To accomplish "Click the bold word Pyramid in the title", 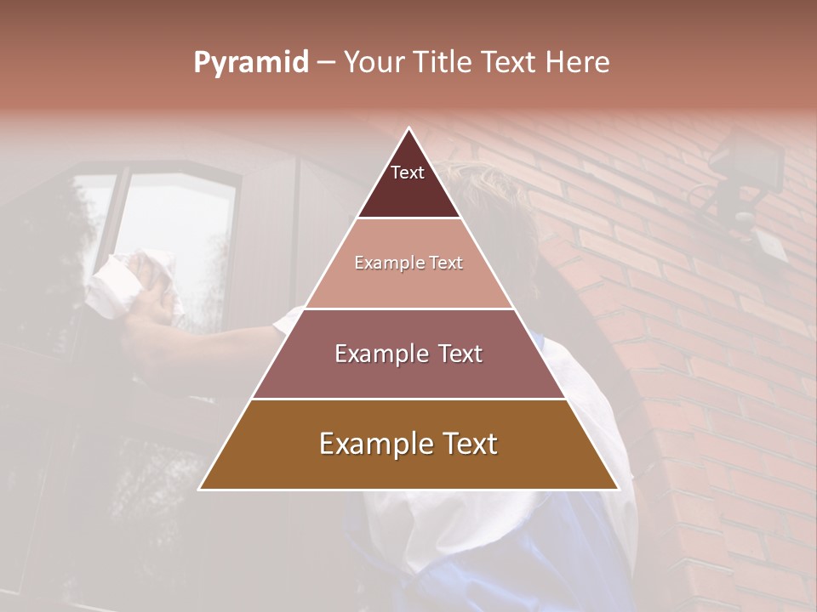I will pyautogui.click(x=251, y=62).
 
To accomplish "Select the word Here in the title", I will pyautogui.click(x=578, y=62).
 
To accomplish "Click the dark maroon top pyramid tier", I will pyautogui.click(x=408, y=191).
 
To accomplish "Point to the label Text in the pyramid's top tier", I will pyautogui.click(x=408, y=173).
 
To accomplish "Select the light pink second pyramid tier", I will pyautogui.click(x=408, y=280).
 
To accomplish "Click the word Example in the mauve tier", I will pyautogui.click(x=381, y=354).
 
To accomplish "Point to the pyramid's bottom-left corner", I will pyautogui.click(x=199, y=489).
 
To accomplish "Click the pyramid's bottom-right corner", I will pyautogui.click(x=619, y=489).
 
